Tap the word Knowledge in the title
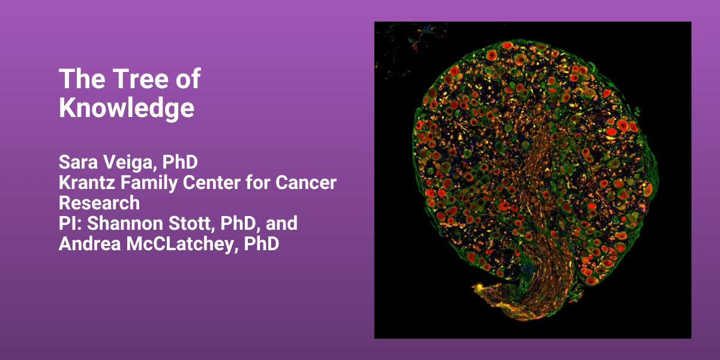127,108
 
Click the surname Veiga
130,163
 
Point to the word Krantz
86,182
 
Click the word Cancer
305,182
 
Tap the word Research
100,203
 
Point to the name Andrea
89,244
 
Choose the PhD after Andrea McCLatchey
262,244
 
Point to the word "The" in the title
82,79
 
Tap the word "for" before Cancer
258,182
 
